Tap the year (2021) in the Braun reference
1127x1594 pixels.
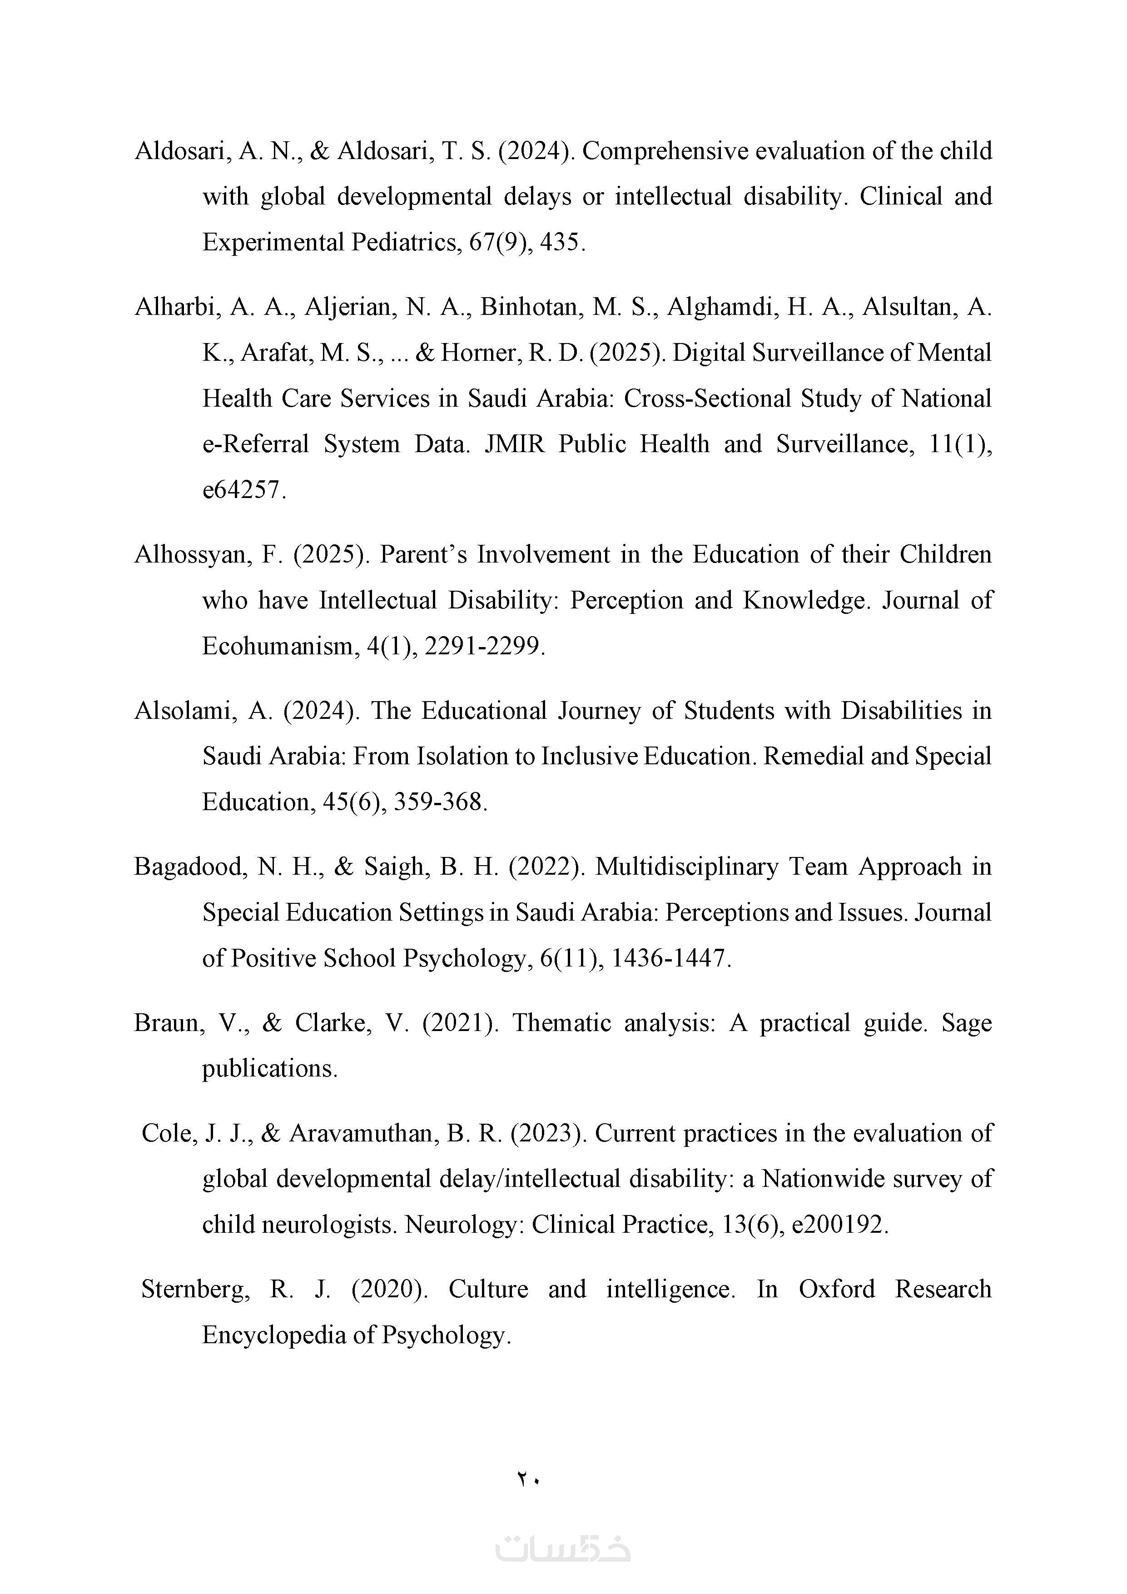pyautogui.click(x=460, y=1023)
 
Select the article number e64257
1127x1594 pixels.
pyautogui.click(x=243, y=490)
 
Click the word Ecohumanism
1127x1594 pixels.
pyautogui.click(x=280, y=646)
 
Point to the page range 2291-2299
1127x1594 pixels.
pyautogui.click(x=484, y=646)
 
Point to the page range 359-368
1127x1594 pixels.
pyautogui.click(x=440, y=802)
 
